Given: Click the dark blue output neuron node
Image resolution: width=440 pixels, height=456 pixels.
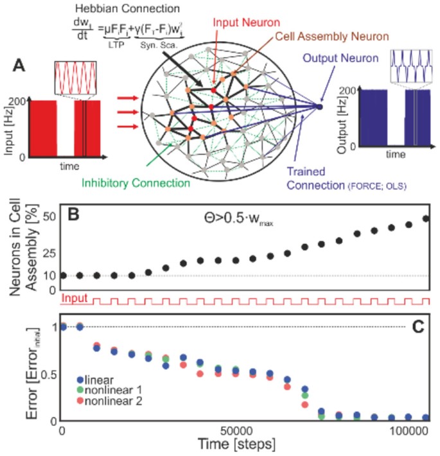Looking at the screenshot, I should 319,106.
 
